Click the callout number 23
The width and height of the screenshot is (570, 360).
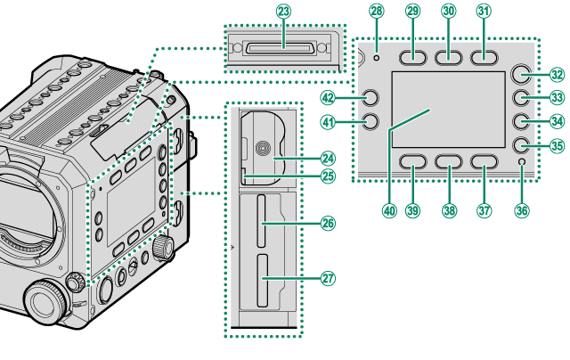(283, 12)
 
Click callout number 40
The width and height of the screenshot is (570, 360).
(388, 211)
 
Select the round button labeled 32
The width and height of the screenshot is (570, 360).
(524, 76)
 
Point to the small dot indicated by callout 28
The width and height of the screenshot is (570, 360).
(377, 56)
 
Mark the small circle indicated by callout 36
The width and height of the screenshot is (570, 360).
(522, 161)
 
